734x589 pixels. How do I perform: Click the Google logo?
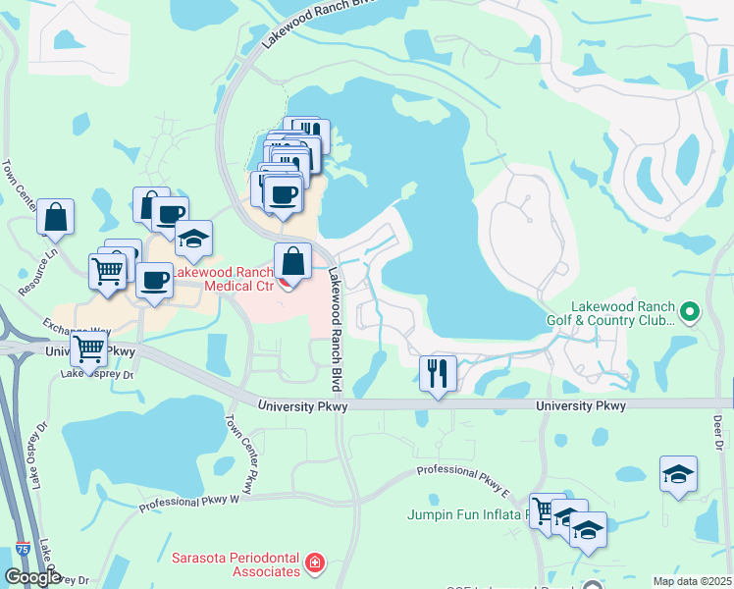pyautogui.click(x=33, y=578)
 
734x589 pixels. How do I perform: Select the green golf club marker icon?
pyautogui.click(x=689, y=313)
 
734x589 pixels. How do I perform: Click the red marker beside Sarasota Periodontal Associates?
pyautogui.click(x=314, y=563)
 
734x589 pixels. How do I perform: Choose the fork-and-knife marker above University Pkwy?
pyautogui.click(x=438, y=374)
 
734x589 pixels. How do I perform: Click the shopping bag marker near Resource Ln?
pyautogui.click(x=56, y=217)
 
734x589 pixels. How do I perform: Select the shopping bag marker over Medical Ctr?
pyautogui.click(x=292, y=262)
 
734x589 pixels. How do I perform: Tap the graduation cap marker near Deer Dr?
pyautogui.click(x=678, y=475)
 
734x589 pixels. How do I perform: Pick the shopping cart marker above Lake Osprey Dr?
pyautogui.click(x=89, y=348)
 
